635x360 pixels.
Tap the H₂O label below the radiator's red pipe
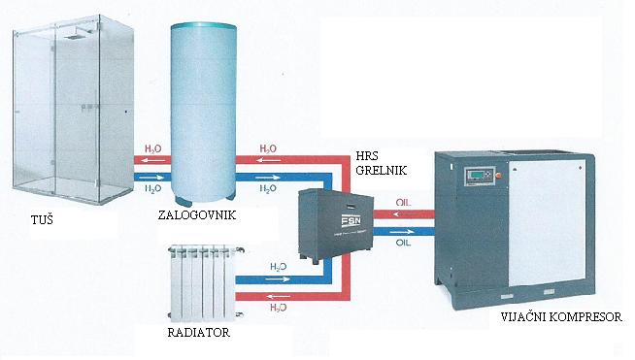(x=278, y=308)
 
